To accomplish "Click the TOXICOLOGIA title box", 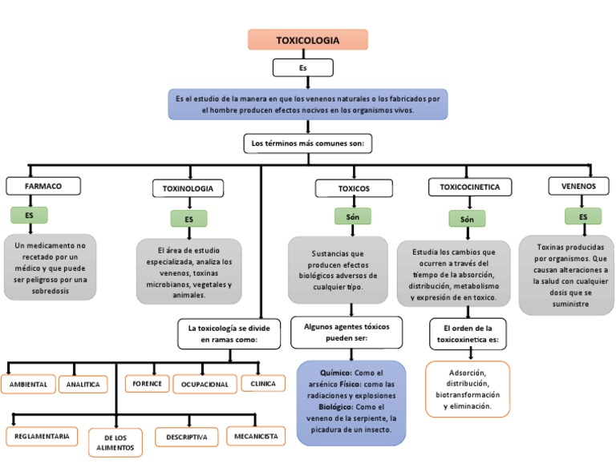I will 308,40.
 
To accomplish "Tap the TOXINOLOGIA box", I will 188,188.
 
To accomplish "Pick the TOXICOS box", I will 354,188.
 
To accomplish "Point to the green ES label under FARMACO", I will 30,215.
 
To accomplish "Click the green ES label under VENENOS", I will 583,216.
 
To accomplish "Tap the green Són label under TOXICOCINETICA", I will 467,219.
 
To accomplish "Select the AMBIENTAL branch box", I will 29,385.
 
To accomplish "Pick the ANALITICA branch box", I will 83,385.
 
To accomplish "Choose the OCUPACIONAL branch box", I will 204,385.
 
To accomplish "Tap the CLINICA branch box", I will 263,384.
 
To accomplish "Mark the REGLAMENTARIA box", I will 43,437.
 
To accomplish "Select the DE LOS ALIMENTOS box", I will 115,442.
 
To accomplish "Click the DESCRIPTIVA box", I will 187,438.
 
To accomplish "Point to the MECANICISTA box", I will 256,437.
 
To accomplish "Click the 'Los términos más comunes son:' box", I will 308,143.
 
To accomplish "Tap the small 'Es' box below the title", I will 302,69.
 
